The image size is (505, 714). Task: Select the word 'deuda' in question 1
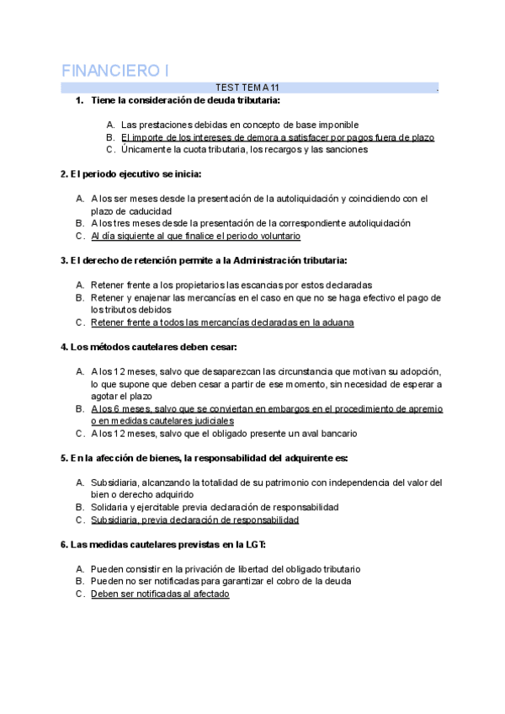click(204, 101)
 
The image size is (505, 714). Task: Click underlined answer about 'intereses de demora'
click(277, 136)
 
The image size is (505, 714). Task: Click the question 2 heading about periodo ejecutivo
click(130, 174)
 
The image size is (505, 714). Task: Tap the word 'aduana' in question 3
click(337, 322)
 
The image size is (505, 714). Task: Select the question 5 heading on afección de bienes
click(204, 458)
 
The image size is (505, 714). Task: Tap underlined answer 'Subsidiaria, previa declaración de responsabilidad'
click(194, 520)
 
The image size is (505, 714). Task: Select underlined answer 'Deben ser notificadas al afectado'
click(159, 594)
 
